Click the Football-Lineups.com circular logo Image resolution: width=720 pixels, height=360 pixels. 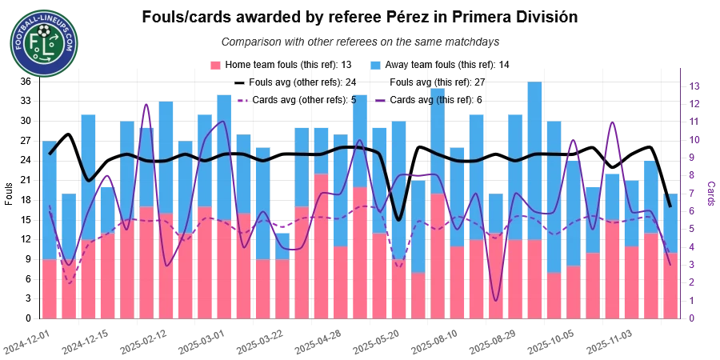coord(44,42)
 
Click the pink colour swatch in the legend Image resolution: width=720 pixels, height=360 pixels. coord(214,64)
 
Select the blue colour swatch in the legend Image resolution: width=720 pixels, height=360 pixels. coord(374,64)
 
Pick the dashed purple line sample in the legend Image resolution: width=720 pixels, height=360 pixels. coord(243,101)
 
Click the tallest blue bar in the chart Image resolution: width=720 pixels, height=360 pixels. coord(534,160)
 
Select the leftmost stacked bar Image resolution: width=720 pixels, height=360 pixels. coord(50,232)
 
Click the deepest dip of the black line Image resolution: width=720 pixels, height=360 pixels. coord(398,218)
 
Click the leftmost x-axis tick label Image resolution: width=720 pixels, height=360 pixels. coord(24,342)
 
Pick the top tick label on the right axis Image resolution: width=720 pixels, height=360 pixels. coord(696,84)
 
